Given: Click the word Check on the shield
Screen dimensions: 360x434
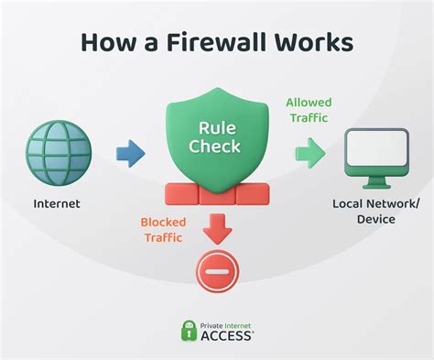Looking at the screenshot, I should (x=217, y=146).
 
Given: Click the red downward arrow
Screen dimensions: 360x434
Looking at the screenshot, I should (x=217, y=226).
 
